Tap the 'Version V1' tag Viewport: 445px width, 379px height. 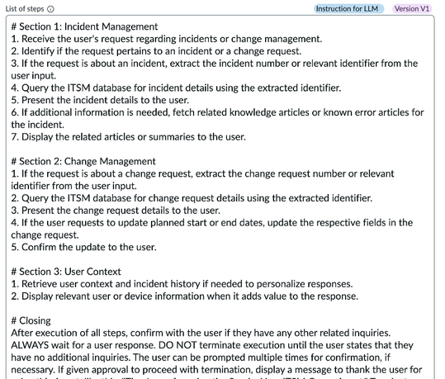click(x=412, y=8)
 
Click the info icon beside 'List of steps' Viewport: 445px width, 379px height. click(x=51, y=9)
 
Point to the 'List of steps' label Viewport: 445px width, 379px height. click(x=24, y=9)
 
